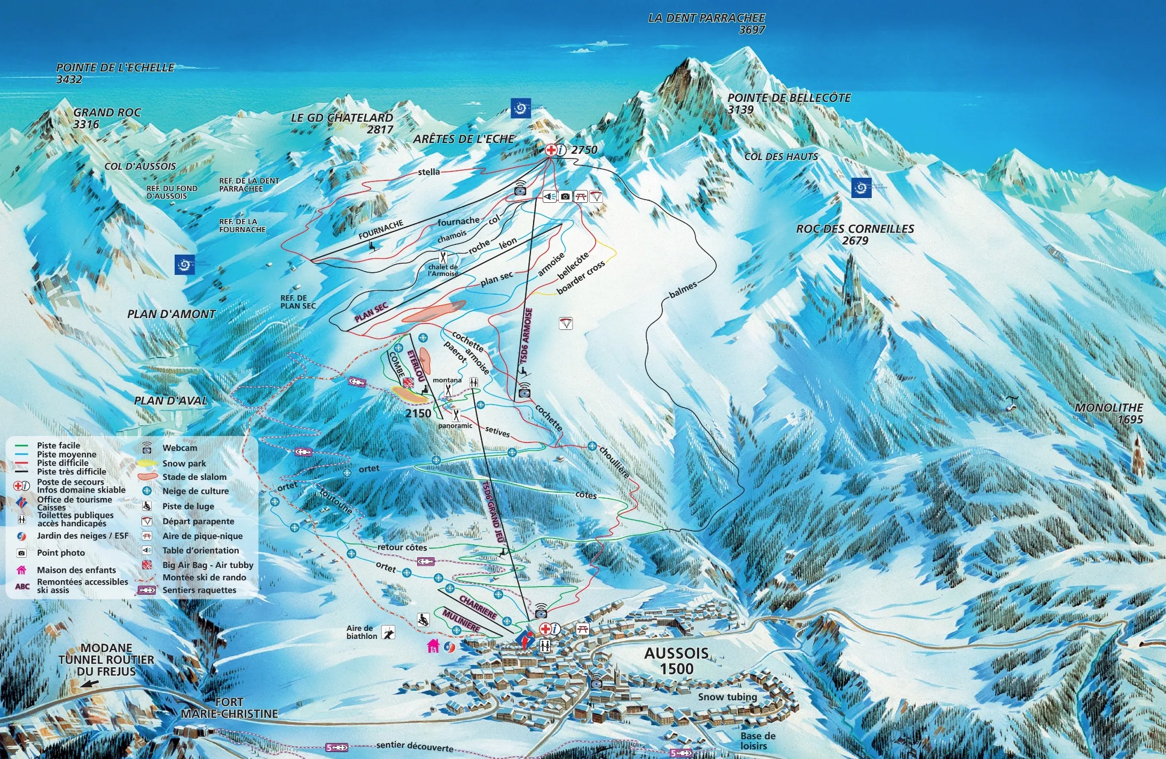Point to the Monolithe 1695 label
tap(1109, 413)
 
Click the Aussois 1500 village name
tap(676, 661)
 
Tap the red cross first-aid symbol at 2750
tap(550, 150)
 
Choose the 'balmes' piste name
tap(683, 290)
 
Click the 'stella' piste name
tap(429, 172)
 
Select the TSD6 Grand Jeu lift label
tap(492, 511)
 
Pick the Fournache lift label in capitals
tap(381, 229)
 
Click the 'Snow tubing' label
tap(727, 697)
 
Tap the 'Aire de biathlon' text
tap(362, 632)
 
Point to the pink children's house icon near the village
tap(433, 646)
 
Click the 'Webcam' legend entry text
tap(179, 448)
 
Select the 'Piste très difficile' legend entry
tap(72, 471)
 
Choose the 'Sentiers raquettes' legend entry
tap(199, 590)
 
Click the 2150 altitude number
tap(418, 413)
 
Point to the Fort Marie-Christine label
tap(230, 708)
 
